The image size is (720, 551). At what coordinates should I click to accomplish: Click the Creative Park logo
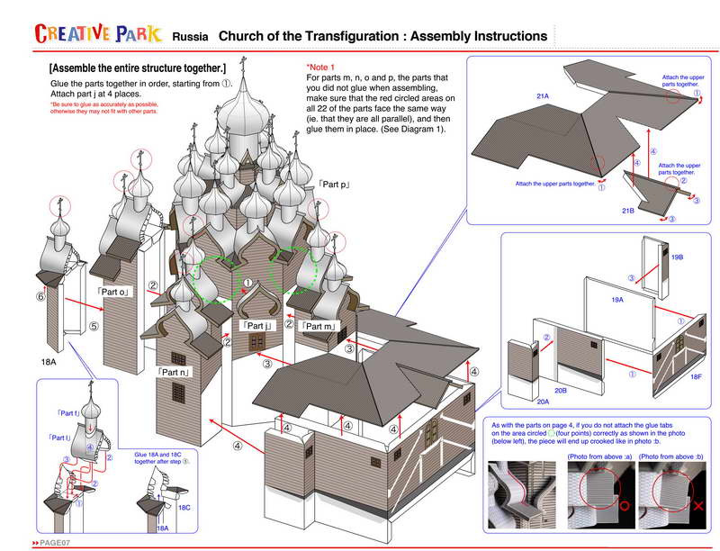(x=98, y=34)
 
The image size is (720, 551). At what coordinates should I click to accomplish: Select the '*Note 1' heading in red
(x=320, y=68)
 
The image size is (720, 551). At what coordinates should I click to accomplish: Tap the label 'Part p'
(x=333, y=185)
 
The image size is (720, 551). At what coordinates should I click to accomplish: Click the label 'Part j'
(x=256, y=325)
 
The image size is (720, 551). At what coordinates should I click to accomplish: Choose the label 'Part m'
(x=319, y=325)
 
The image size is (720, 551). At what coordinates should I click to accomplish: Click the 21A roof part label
(x=543, y=95)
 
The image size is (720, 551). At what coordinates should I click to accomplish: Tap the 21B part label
(x=627, y=210)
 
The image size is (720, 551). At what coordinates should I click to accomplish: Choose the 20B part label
(x=560, y=391)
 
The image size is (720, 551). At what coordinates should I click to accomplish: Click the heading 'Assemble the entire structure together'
(x=138, y=68)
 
